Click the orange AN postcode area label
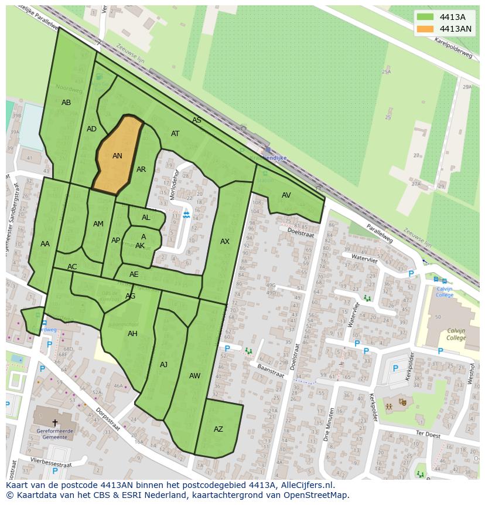click(117, 156)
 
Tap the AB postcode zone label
click(66, 103)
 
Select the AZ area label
click(218, 429)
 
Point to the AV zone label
click(286, 195)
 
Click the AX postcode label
click(225, 242)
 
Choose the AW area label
click(194, 376)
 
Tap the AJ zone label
click(163, 365)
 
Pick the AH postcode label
click(132, 334)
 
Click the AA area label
click(45, 244)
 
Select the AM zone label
click(98, 224)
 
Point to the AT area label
click(175, 134)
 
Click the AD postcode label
click(91, 129)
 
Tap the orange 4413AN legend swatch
click(425, 29)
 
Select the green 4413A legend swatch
click(425, 17)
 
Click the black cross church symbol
click(55, 422)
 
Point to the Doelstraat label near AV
click(300, 233)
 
